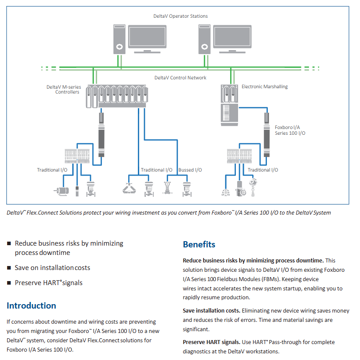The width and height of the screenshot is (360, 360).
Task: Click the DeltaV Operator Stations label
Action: pos(180,16)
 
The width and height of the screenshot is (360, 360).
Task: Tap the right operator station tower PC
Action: pos(204,39)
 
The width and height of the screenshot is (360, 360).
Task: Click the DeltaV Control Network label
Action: pos(180,78)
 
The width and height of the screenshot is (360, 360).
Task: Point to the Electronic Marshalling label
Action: pos(265,86)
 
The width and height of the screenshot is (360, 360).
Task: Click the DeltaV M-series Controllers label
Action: pos(63,89)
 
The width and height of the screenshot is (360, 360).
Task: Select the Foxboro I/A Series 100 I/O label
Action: pos(290,130)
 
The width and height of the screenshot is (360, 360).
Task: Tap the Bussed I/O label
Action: pos(190,170)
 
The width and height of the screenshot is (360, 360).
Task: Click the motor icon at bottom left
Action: pos(61,191)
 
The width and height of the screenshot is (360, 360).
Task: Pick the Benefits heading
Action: pos(199,244)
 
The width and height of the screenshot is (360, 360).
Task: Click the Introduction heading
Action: pos(31,305)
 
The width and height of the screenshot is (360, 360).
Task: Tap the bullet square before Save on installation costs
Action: pos(9,268)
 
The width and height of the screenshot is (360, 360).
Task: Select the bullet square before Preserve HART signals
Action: pos(9,283)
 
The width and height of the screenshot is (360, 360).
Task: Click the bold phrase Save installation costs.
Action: pos(211,311)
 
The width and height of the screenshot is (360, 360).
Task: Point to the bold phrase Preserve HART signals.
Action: pos(211,342)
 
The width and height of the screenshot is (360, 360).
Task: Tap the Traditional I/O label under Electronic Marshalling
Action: pos(262,170)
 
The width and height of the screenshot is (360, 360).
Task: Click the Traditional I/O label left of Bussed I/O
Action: pos(157,170)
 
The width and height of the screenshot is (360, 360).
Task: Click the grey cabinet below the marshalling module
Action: pos(229,115)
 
